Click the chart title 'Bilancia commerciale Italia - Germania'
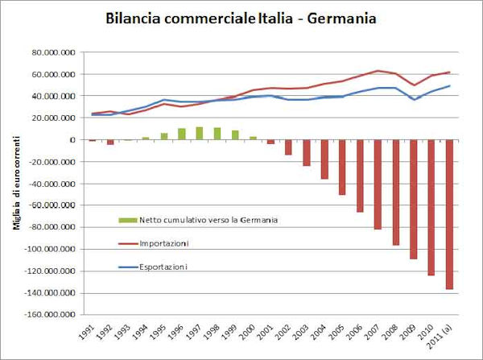pos(241,18)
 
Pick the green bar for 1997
pos(199,133)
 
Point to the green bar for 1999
pos(234,134)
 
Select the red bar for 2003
pos(306,153)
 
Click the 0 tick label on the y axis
pos(72,140)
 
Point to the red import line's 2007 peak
pos(378,71)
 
